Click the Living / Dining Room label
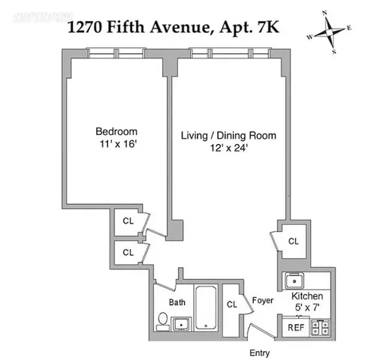point(228,136)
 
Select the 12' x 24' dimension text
point(228,148)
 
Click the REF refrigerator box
point(295,327)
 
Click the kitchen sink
point(294,280)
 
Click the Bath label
point(176,302)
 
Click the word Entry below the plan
point(259,352)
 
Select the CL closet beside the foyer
point(231,304)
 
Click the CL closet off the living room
point(293,241)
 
